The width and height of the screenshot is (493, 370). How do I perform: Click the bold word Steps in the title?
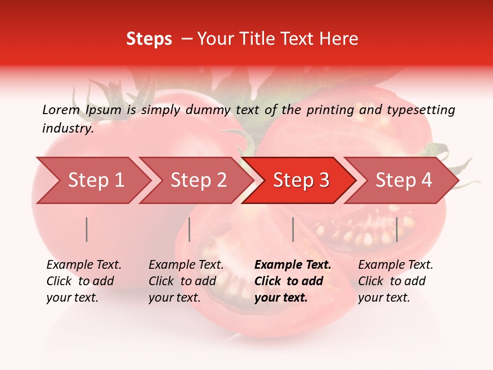tap(149, 39)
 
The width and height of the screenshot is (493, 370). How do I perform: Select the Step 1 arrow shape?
tap(92, 180)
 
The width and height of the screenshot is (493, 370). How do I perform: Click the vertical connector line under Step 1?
tap(87, 229)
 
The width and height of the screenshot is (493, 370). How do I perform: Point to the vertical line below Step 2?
tap(189, 229)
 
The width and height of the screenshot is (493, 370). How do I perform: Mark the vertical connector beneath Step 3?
tap(293, 229)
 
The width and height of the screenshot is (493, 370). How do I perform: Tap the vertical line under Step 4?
tap(396, 229)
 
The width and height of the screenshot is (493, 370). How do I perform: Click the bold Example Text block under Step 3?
tap(293, 281)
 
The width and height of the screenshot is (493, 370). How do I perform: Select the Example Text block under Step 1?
tap(84, 281)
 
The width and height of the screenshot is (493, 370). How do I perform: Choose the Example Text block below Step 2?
tap(186, 281)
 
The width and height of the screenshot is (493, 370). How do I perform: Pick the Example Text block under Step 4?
tap(395, 281)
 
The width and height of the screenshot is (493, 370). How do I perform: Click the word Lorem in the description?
tap(61, 109)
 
